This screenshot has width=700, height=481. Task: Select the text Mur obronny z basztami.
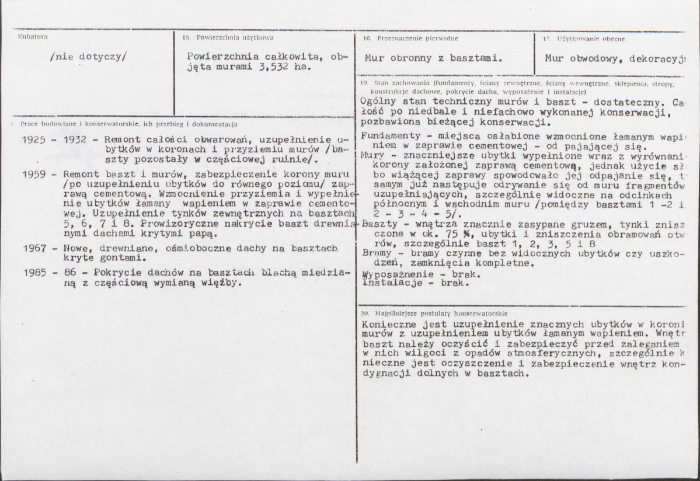[x=433, y=58]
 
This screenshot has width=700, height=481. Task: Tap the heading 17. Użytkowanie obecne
[x=583, y=39]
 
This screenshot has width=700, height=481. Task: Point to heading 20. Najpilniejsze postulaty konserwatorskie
[x=434, y=312]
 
